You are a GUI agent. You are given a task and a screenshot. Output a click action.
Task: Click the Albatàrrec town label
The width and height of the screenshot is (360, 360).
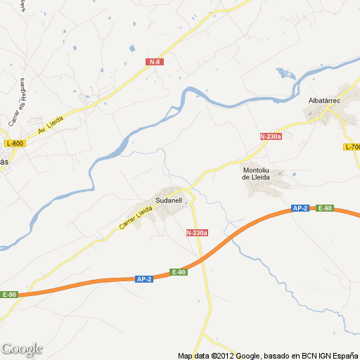click(x=326, y=101)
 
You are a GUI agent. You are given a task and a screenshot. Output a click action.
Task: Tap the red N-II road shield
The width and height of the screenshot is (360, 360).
click(x=155, y=62)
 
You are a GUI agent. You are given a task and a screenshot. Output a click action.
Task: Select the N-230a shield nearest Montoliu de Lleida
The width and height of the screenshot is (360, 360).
click(x=271, y=136)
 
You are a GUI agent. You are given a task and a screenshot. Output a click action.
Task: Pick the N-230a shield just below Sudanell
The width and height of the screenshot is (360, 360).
click(x=198, y=233)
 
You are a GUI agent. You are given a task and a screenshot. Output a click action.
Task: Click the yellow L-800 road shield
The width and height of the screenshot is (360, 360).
click(x=14, y=143)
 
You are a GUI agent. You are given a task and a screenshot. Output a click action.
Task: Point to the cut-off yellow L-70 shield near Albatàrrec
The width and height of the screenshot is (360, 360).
click(x=352, y=147)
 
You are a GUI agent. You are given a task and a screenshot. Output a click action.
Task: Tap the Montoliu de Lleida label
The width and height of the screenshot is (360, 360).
click(x=256, y=173)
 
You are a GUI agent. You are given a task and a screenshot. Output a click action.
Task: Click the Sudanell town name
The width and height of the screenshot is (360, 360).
click(x=169, y=200)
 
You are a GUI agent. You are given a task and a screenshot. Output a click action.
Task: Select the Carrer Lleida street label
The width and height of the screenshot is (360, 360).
click(x=136, y=215)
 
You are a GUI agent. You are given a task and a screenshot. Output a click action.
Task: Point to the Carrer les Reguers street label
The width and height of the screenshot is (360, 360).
click(x=18, y=102)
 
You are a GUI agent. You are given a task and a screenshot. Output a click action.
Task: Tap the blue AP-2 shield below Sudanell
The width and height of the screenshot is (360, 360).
click(x=144, y=279)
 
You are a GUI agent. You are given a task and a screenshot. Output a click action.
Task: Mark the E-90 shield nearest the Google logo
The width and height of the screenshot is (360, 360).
click(x=9, y=295)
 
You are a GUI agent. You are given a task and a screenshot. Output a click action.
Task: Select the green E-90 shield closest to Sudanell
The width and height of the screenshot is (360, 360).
click(x=179, y=272)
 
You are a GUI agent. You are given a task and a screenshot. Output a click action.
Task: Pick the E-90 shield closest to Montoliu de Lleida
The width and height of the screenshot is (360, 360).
click(x=324, y=208)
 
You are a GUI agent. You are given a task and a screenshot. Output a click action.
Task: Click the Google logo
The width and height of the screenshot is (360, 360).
click(x=22, y=349)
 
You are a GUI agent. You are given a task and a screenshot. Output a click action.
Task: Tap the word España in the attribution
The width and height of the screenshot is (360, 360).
click(x=342, y=355)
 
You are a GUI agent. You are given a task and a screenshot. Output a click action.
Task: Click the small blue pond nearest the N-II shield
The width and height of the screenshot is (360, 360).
click(x=131, y=49)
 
